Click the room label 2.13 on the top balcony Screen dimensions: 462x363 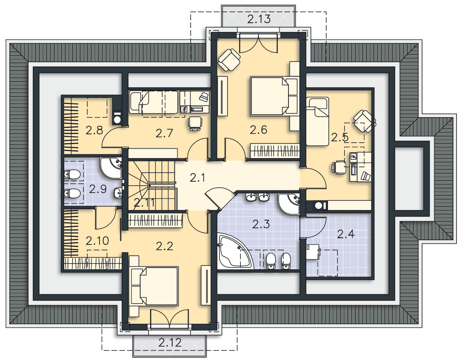pyautogui.click(x=259, y=19)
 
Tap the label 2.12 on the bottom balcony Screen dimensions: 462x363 pyautogui.click(x=170, y=343)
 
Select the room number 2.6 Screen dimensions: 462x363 pyautogui.click(x=258, y=130)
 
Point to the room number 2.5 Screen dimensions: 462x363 pyautogui.click(x=340, y=137)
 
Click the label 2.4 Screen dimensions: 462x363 pyautogui.click(x=345, y=234)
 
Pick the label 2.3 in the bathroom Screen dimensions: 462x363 pyautogui.click(x=261, y=224)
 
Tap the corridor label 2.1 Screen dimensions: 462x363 pyautogui.click(x=197, y=178)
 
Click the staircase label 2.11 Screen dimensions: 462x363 pyautogui.click(x=144, y=202)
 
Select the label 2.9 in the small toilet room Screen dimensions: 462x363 pyautogui.click(x=97, y=189)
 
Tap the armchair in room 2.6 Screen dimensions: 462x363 pyautogui.click(x=229, y=60)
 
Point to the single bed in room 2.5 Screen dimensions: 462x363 pyautogui.click(x=317, y=121)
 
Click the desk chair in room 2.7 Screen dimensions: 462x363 pyautogui.click(x=195, y=123)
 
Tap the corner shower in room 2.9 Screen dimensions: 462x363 pyautogui.click(x=111, y=168)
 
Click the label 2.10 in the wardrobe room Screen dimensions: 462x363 pyautogui.click(x=97, y=241)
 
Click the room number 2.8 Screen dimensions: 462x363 pyautogui.click(x=94, y=130)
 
